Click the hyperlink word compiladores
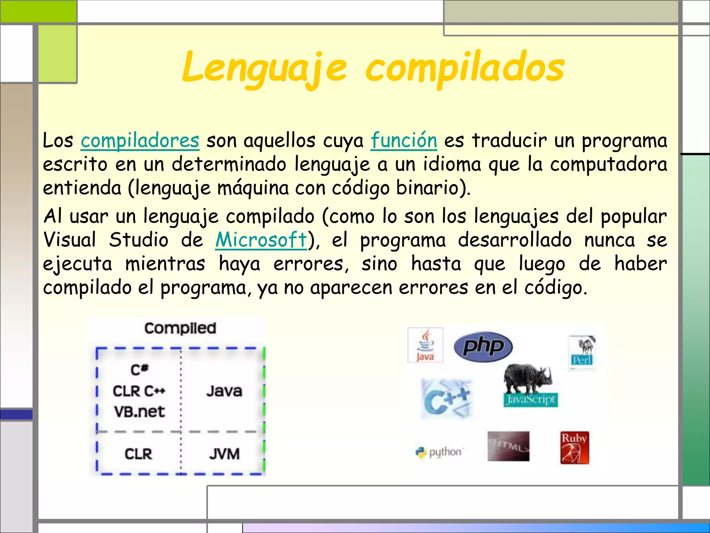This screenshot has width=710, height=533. (x=140, y=141)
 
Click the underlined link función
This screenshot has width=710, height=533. (x=404, y=141)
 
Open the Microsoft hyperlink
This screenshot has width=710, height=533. (x=261, y=240)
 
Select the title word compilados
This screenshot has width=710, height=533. (x=465, y=68)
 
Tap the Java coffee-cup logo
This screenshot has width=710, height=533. (x=425, y=345)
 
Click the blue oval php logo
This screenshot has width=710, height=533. (x=483, y=346)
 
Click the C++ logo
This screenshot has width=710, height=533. (x=446, y=399)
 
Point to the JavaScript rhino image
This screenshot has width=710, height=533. (x=529, y=385)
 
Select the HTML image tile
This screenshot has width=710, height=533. (x=508, y=446)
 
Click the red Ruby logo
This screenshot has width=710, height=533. (x=574, y=448)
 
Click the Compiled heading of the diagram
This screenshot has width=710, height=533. (x=180, y=328)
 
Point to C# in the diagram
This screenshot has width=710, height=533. (x=139, y=370)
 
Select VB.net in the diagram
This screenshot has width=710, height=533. (x=139, y=412)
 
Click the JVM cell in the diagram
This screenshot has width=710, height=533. (x=224, y=454)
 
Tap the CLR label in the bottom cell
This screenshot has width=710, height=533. (x=138, y=454)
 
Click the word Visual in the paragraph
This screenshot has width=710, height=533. (x=70, y=240)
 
